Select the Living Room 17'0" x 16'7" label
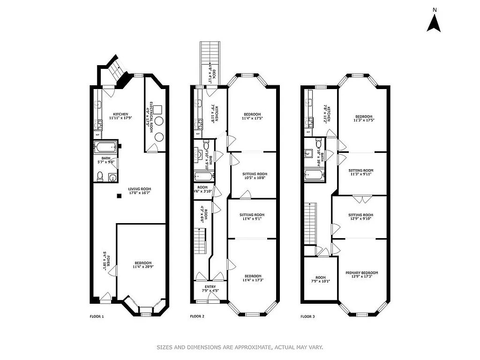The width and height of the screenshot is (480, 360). point(140,191)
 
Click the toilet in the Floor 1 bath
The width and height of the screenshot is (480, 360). point(100,176)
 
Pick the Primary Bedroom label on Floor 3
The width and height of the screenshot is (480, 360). point(361,275)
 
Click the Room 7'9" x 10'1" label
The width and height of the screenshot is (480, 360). point(320,279)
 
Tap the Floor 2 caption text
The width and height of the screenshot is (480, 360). point(197,316)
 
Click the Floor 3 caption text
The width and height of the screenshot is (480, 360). point(307,316)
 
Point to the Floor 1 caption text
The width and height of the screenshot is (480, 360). point(97,316)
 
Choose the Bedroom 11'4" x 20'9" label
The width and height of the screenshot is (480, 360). point(143,265)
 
